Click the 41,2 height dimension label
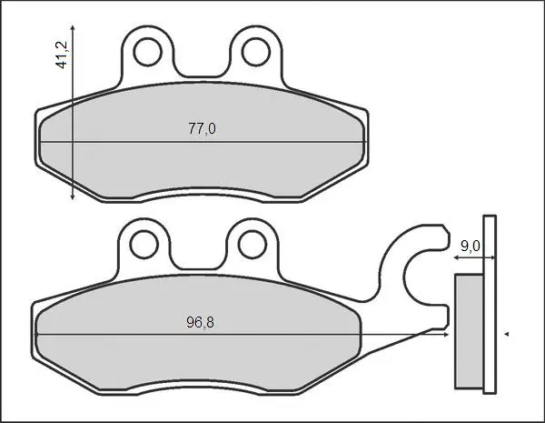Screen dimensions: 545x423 coord(62,55)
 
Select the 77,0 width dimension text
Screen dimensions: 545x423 coord(202,129)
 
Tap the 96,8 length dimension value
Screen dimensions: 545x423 coord(200,322)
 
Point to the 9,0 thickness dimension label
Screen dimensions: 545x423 coord(471,247)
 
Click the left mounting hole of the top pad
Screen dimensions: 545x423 coord(148,52)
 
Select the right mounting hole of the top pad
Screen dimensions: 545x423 coord(256,52)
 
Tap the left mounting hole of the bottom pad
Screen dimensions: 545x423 coord(144,244)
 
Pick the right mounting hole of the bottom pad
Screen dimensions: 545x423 coord(253,244)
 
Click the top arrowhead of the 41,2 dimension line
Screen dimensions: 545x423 coord(73,27)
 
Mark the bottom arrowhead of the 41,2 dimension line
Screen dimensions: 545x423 coord(73,197)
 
